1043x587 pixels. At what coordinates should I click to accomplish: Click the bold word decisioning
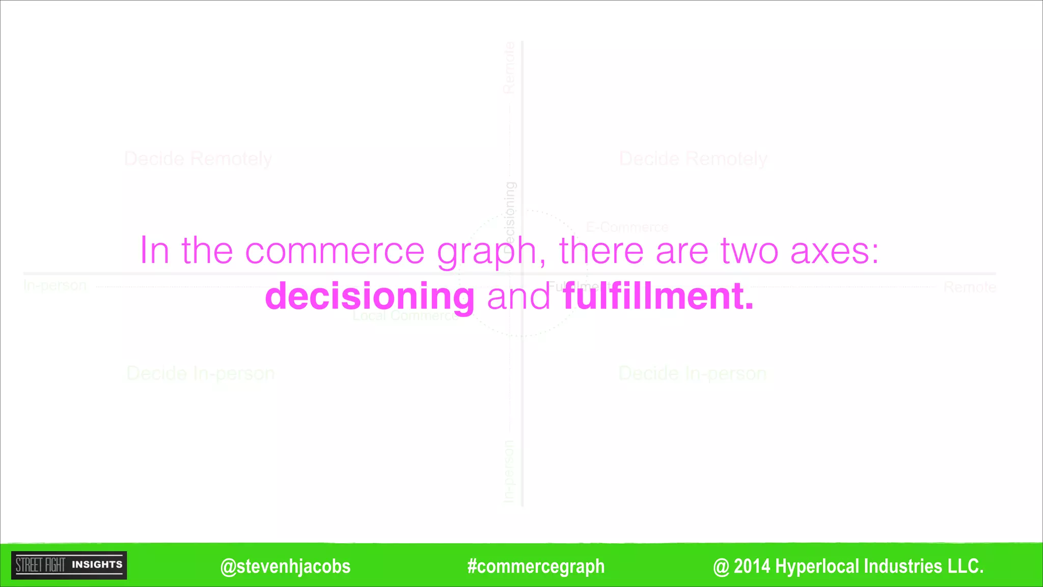[x=370, y=297]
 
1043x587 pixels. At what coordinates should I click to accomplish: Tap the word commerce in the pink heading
[x=335, y=251]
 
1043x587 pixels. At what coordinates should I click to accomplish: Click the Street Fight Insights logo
[x=69, y=565]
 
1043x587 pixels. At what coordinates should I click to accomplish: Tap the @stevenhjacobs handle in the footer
[x=285, y=566]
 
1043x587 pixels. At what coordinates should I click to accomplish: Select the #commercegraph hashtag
[x=536, y=566]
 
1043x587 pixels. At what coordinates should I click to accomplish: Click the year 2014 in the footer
[x=752, y=566]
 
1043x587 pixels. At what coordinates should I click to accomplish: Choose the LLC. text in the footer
[x=965, y=566]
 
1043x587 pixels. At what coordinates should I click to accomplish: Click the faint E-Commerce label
[x=627, y=227]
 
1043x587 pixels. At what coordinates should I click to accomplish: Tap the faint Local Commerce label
[x=405, y=316]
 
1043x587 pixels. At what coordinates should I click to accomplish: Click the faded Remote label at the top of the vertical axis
[x=509, y=68]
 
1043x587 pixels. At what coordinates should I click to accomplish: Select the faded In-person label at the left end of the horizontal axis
[x=55, y=285]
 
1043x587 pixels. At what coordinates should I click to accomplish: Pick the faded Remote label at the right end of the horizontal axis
[x=969, y=287]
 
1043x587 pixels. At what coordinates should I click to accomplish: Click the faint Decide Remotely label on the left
[x=198, y=159]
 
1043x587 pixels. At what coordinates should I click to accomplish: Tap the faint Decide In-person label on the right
[x=692, y=373]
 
